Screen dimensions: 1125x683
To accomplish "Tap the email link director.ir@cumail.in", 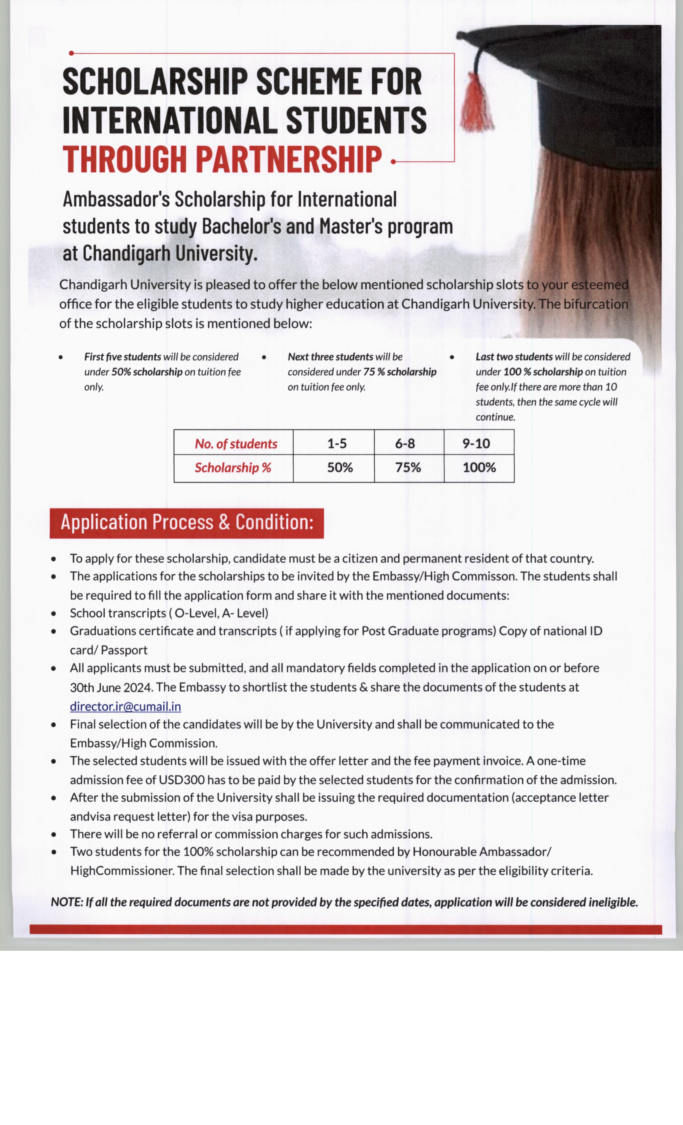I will [x=125, y=706].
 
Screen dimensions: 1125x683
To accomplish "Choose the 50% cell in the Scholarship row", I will [x=340, y=468].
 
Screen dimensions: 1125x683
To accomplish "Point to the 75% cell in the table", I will [x=408, y=468].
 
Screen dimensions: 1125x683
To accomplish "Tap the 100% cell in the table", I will [x=479, y=468].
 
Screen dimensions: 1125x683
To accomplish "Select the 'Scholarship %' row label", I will [x=233, y=468].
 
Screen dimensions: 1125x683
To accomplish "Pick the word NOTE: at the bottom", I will [x=67, y=902].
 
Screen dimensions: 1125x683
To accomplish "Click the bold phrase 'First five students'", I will [x=122, y=357].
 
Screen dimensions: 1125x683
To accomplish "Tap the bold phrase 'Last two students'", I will [x=514, y=357].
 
